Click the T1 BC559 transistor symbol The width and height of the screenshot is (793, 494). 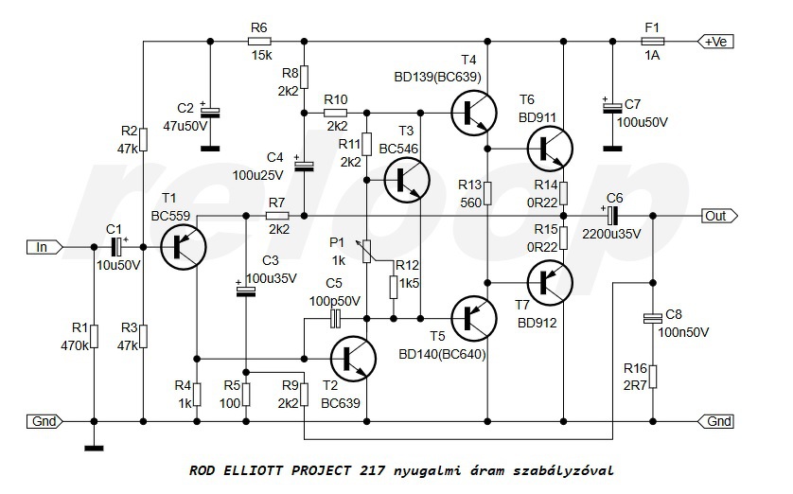click(x=183, y=247)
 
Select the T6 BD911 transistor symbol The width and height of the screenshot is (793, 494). click(x=550, y=149)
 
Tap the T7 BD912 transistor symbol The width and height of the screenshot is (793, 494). click(x=550, y=283)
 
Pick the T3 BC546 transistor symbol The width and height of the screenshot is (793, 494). click(x=407, y=180)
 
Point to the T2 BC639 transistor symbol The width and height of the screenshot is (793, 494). click(x=353, y=359)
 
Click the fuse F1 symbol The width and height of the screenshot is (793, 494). click(x=652, y=42)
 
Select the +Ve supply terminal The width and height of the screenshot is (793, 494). click(x=715, y=42)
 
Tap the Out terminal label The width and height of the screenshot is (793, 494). click(x=719, y=216)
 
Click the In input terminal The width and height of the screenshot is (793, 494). click(x=45, y=247)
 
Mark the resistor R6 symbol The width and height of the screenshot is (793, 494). click(x=260, y=42)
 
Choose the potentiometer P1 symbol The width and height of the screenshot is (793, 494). click(x=366, y=251)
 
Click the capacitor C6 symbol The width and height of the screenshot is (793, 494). click(x=612, y=216)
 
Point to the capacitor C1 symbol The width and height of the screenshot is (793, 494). click(x=118, y=247)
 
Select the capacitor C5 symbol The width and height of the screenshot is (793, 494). click(x=335, y=319)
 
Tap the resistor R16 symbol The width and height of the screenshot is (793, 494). click(x=653, y=377)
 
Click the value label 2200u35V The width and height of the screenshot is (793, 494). click(x=611, y=234)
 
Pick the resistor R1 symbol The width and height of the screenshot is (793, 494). click(x=94, y=336)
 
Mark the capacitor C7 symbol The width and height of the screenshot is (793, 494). click(x=613, y=108)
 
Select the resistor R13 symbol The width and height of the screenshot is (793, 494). click(x=487, y=193)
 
